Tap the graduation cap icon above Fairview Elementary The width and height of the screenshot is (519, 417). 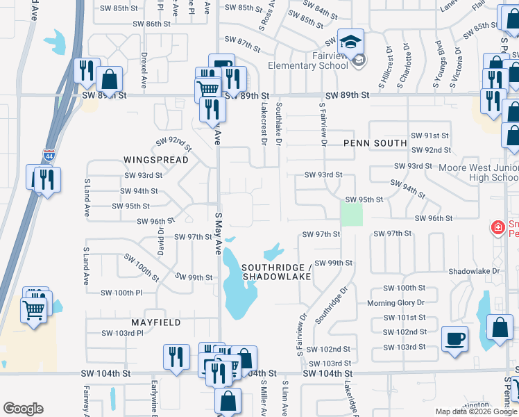pos(350,41)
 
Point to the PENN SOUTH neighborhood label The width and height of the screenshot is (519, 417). pos(375,143)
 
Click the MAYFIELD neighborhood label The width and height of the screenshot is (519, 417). pos(156,322)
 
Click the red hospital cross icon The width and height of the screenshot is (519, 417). pos(497,227)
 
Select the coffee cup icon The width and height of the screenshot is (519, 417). pos(454,338)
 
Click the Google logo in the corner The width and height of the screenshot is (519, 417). pos(23,409)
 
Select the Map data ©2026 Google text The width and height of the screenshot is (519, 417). pos(475,411)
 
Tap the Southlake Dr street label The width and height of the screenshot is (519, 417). pos(279,124)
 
